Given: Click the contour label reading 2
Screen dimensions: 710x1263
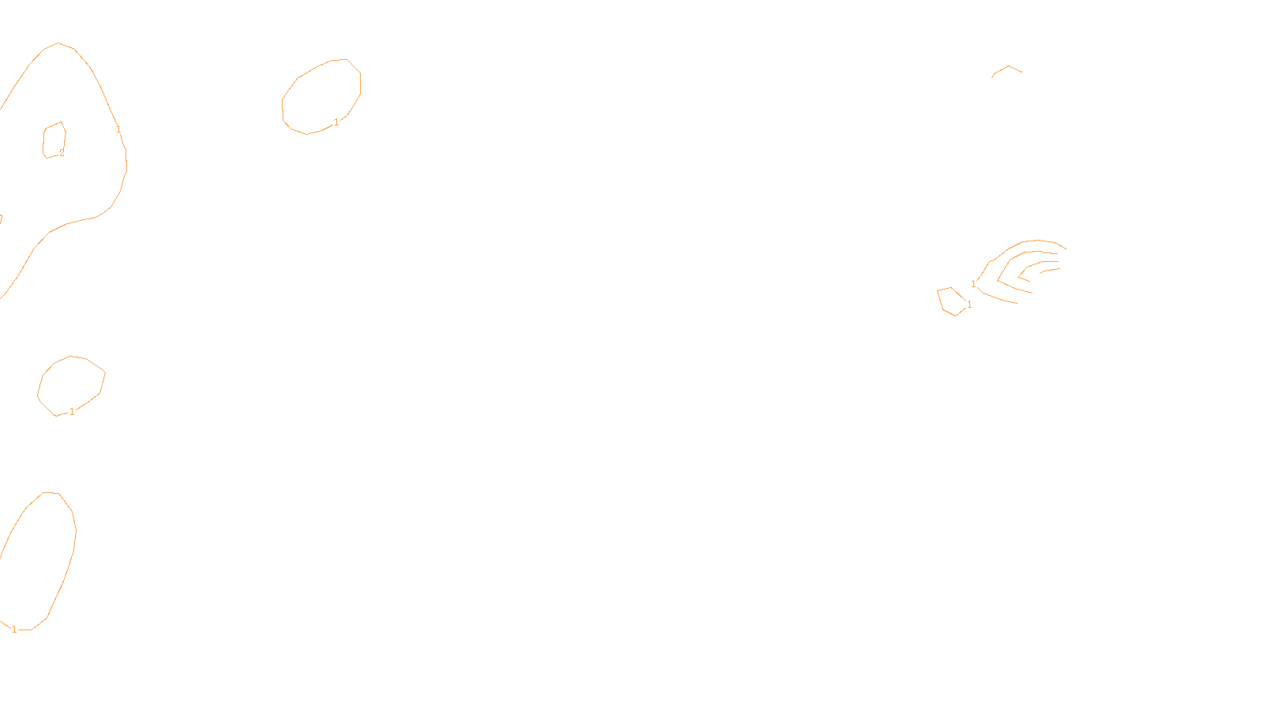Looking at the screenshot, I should [x=62, y=153].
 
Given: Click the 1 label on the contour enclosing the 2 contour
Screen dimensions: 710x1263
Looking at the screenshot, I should [x=118, y=129].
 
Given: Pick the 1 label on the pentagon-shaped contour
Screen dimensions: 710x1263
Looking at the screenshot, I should [x=969, y=305].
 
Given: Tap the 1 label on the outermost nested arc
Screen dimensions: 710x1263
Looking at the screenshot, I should [x=973, y=283].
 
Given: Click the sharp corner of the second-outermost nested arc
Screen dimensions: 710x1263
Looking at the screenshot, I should [x=999, y=279].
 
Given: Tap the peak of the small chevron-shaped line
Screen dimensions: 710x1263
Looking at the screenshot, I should [x=1008, y=66].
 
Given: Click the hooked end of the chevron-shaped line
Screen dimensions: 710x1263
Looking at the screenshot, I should [x=992, y=77].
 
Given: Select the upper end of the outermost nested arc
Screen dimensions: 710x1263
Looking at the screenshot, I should [x=1066, y=248].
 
